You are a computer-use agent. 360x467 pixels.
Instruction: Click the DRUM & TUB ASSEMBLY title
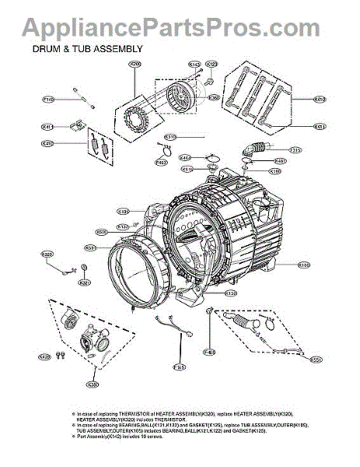pyautogui.click(x=87, y=48)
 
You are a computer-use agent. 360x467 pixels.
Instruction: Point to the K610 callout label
pyautogui.click(x=320, y=100)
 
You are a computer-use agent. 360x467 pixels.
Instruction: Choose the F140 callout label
pyautogui.click(x=48, y=100)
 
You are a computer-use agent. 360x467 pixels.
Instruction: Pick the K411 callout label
pyautogui.click(x=48, y=126)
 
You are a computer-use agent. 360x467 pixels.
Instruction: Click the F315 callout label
pyautogui.click(x=295, y=150)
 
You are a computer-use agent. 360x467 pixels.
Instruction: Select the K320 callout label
pyautogui.click(x=47, y=255)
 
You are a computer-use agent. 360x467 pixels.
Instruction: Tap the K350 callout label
pyautogui.click(x=93, y=384)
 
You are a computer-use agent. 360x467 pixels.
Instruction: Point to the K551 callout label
pyautogui.click(x=316, y=360)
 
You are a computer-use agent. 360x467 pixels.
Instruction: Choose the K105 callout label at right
pyautogui.click(x=304, y=265)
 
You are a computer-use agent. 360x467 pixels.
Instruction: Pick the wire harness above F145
pyautogui.click(x=173, y=327)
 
